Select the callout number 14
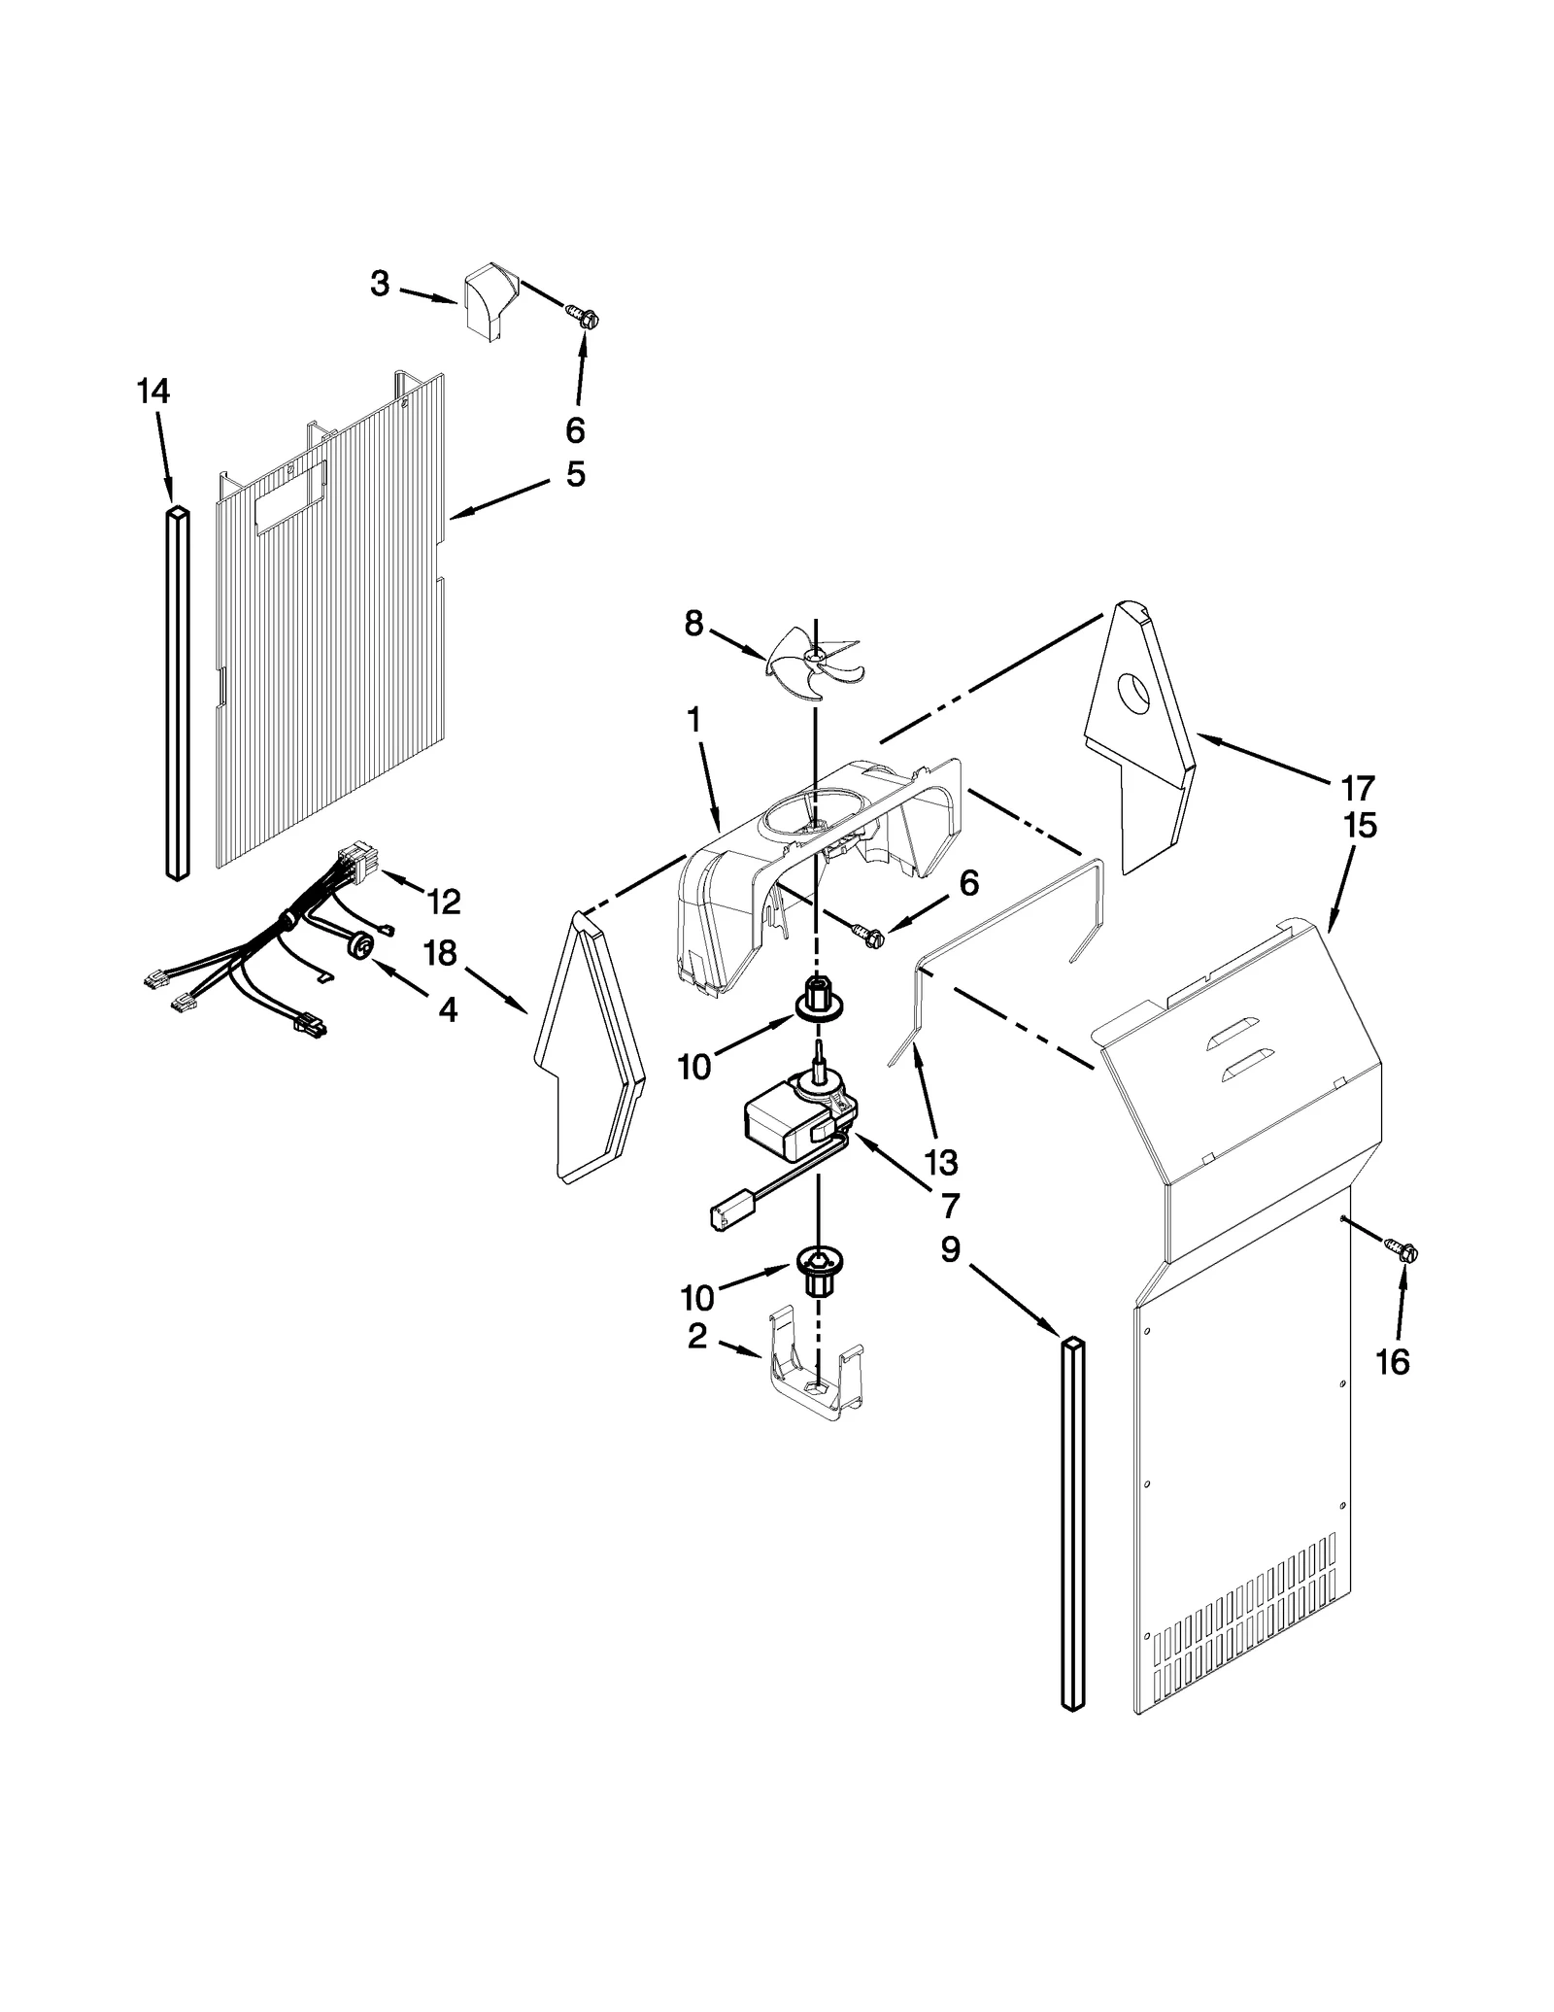coord(153,392)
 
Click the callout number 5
coord(576,475)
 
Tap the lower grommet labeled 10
coord(820,1269)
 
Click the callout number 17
coord(1357,787)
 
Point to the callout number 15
coord(1360,826)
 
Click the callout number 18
coord(440,953)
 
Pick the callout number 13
coord(941,1162)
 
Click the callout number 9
coord(950,1248)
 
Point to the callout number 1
coord(693,721)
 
